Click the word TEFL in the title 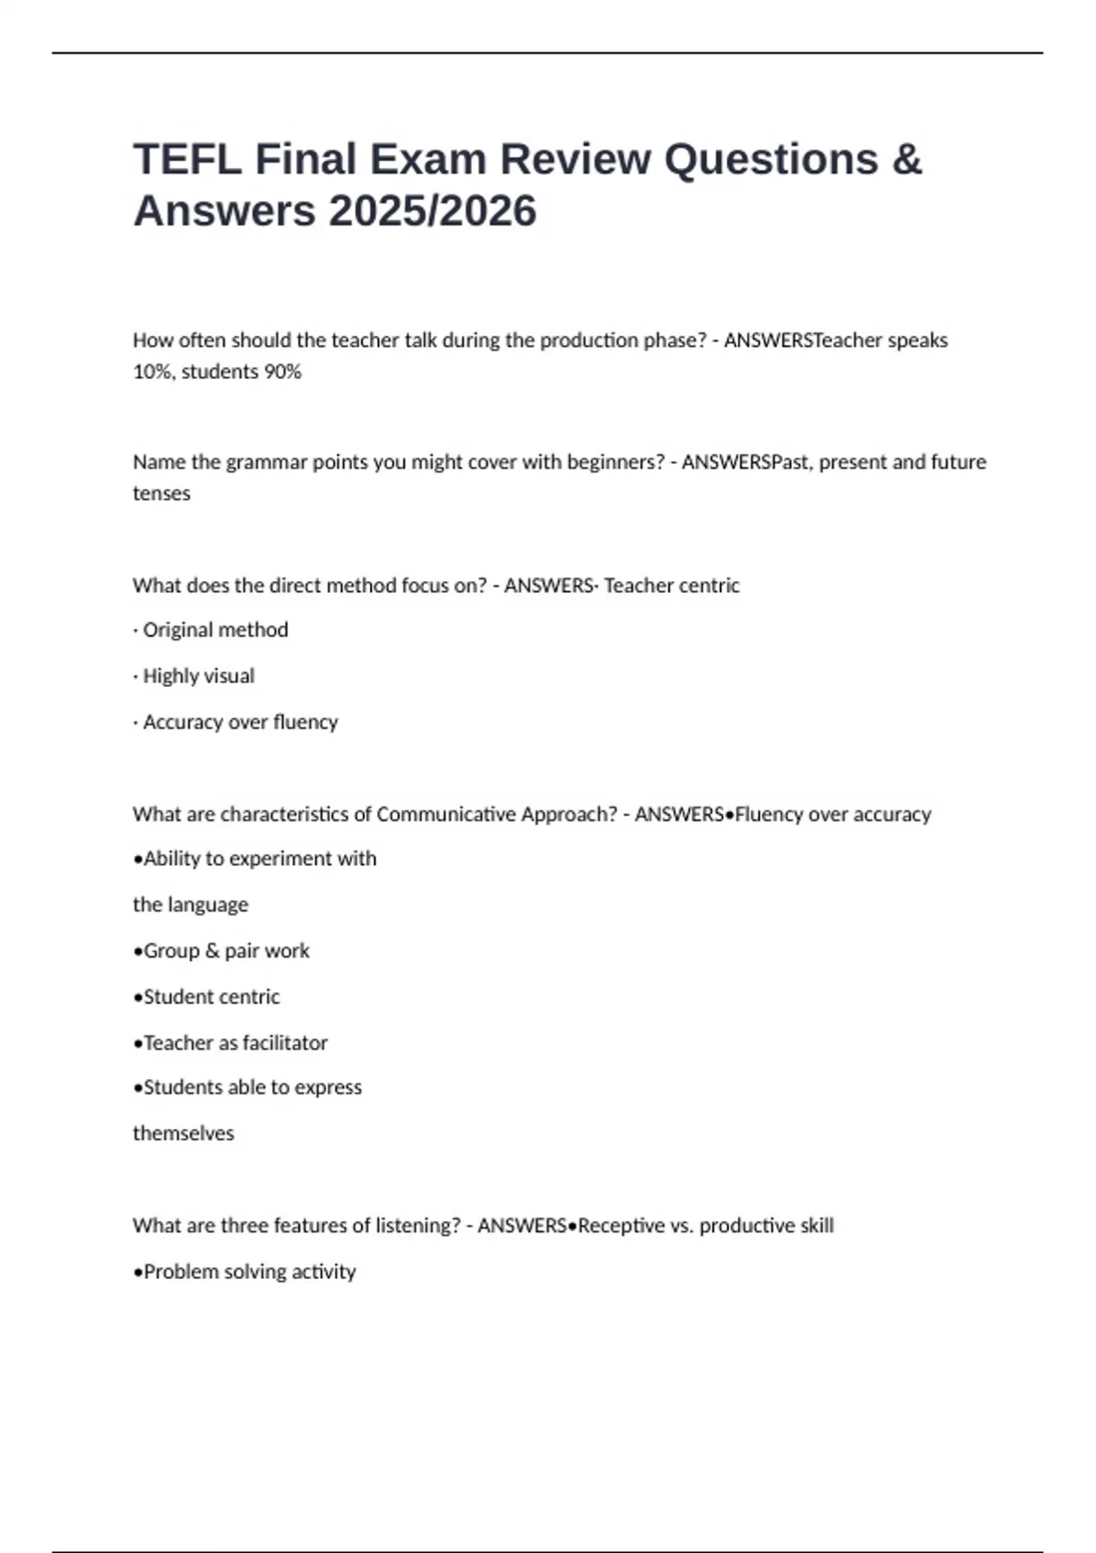click(x=187, y=160)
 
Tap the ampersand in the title click(x=906, y=160)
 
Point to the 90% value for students click(x=282, y=372)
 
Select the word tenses click(x=162, y=493)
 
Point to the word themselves click(x=184, y=1134)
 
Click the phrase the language click(x=190, y=905)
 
